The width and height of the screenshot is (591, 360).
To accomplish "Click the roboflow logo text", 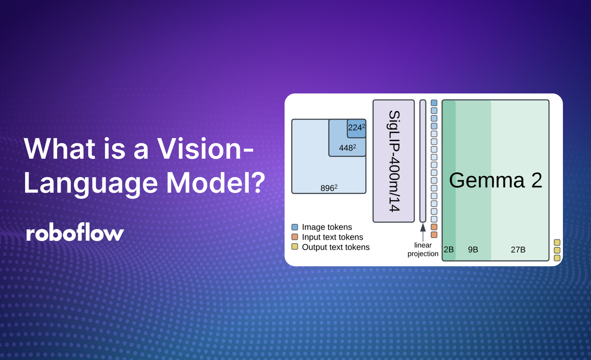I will pyautogui.click(x=74, y=233).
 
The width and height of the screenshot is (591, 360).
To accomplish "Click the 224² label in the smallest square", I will pyautogui.click(x=357, y=128).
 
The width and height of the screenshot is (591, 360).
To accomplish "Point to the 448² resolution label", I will pyautogui.click(x=347, y=147).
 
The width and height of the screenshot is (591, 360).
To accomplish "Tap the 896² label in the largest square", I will pyautogui.click(x=328, y=188).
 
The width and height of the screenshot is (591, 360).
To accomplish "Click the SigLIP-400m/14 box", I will pyautogui.click(x=394, y=161).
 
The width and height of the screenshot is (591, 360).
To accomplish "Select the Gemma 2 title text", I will pyautogui.click(x=495, y=181).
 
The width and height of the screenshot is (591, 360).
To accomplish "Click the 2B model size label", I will pyautogui.click(x=449, y=250).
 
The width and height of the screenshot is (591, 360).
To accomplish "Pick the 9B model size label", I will pyautogui.click(x=473, y=250).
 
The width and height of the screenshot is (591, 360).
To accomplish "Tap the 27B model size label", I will pyautogui.click(x=518, y=250).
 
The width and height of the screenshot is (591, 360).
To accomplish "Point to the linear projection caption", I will pyautogui.click(x=423, y=250).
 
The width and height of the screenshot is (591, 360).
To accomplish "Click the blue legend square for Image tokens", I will pyautogui.click(x=295, y=227).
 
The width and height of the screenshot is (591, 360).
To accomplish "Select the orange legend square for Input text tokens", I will pyautogui.click(x=295, y=237).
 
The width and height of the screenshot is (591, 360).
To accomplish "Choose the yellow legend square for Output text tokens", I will pyautogui.click(x=295, y=247).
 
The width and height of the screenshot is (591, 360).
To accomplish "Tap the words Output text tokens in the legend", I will pyautogui.click(x=335, y=247).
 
